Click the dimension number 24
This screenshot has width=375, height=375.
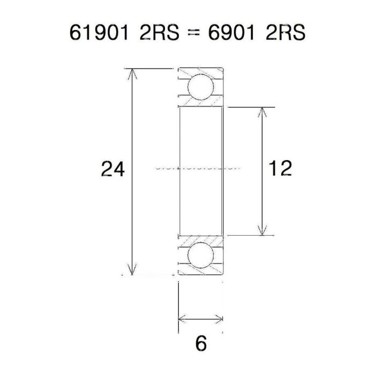114,169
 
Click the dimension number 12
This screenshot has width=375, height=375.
281,168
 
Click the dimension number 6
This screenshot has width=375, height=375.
201,343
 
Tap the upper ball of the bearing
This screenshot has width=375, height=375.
199,87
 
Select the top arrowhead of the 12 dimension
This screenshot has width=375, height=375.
262,112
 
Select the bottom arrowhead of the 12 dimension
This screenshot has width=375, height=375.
262,229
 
